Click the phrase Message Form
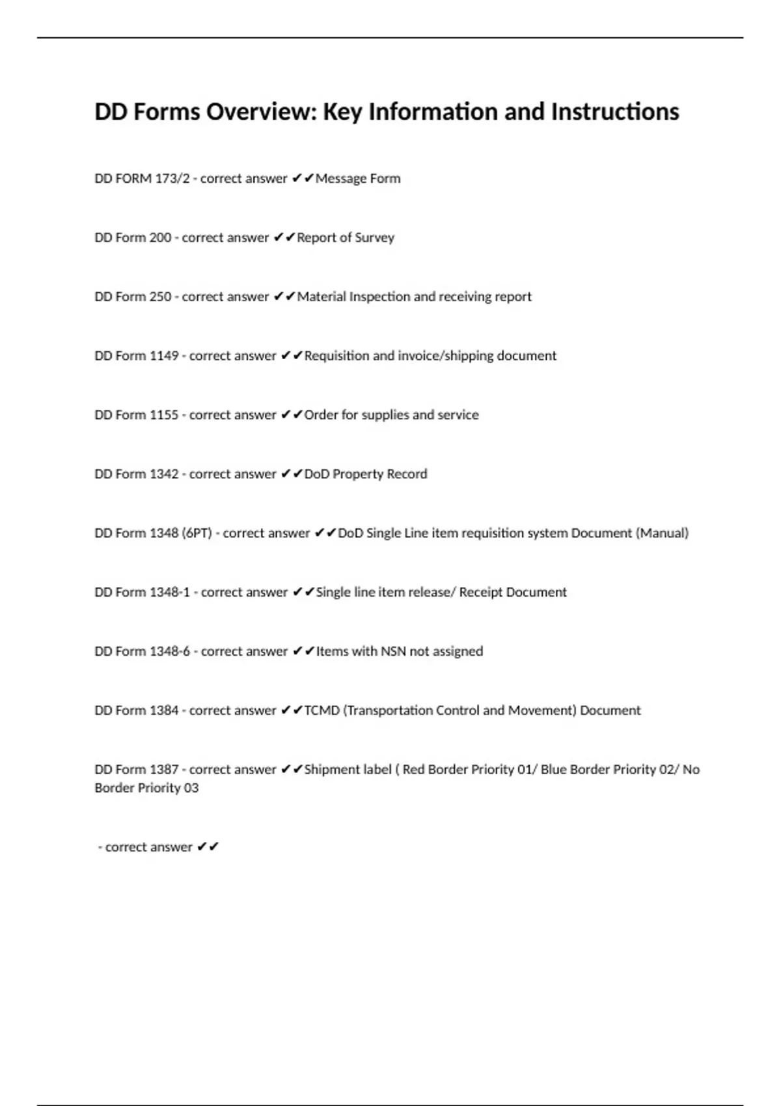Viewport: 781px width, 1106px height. click(358, 178)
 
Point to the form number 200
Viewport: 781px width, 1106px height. click(160, 237)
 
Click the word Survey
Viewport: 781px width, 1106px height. click(374, 237)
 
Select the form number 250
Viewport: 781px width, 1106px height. click(160, 297)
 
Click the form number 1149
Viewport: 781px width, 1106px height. click(164, 356)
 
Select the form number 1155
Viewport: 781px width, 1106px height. click(164, 415)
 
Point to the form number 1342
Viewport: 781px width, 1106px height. click(164, 474)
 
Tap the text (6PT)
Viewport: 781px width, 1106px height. click(197, 533)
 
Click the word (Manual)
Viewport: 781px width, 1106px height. click(662, 533)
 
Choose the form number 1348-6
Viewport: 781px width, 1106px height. click(170, 651)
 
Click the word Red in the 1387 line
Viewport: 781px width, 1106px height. click(413, 770)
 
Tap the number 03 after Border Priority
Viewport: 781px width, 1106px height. click(191, 788)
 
